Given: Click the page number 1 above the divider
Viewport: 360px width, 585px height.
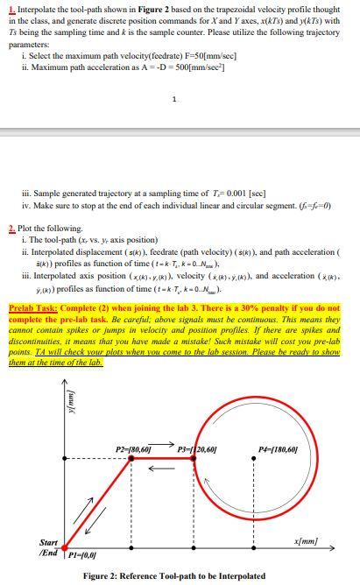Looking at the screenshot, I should pos(176,98).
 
